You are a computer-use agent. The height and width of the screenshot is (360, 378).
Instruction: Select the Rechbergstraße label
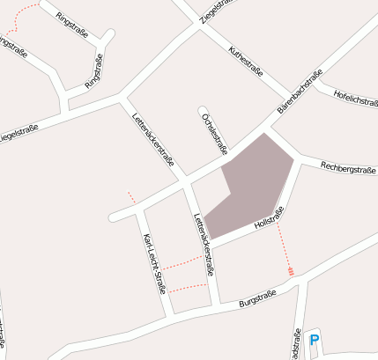[348, 166]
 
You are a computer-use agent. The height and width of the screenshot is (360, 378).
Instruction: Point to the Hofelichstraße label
[356, 101]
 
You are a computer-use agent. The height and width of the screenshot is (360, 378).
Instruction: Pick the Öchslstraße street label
[214, 134]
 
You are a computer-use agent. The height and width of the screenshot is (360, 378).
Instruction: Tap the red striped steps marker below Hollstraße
[291, 270]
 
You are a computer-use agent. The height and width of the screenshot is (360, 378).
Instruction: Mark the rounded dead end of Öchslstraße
[202, 112]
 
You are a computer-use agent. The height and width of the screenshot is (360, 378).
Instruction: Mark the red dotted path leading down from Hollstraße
[284, 242]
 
